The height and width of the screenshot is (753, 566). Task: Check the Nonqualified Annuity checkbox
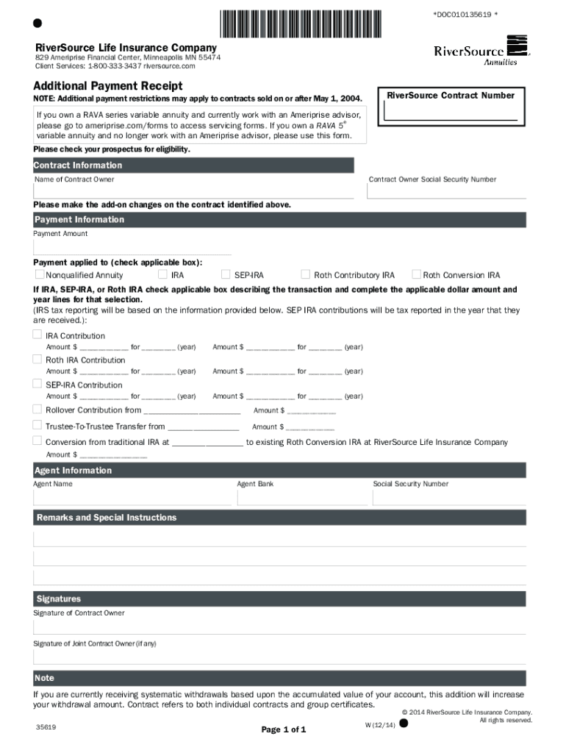38,274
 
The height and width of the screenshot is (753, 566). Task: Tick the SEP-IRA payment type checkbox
226,274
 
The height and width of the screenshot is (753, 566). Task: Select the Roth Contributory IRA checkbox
306,274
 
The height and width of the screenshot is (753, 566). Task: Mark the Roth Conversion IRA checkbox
416,274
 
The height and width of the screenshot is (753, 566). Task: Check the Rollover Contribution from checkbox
37,409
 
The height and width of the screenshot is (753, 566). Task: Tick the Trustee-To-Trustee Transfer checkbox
37,425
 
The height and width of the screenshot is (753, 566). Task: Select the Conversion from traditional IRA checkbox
37,441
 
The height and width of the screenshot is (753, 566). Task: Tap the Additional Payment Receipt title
107,86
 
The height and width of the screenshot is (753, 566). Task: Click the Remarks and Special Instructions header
107,518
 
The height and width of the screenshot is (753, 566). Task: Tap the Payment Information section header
79,220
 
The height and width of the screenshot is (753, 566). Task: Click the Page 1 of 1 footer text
283,729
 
